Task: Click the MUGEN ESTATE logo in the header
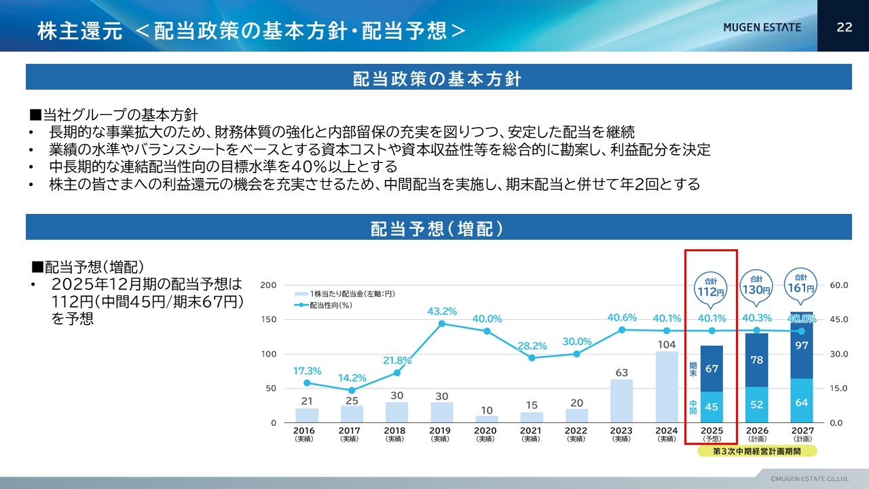tap(762, 27)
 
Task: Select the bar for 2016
tap(307, 415)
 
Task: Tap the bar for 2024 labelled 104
tap(667, 386)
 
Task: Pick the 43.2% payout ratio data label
tap(442, 311)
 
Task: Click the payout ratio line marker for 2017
tap(352, 391)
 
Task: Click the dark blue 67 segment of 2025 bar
tap(711, 369)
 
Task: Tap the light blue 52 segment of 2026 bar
tap(756, 405)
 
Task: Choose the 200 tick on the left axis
tap(268, 285)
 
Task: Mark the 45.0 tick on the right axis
tap(839, 319)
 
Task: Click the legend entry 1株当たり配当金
tap(346, 293)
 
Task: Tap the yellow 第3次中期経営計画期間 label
tap(757, 450)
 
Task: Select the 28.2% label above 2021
tap(532, 346)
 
